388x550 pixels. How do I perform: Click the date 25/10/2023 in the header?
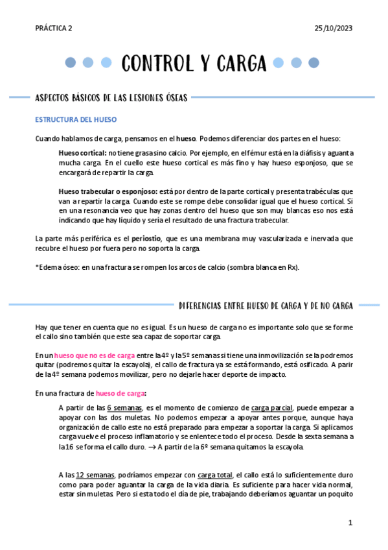[333, 29]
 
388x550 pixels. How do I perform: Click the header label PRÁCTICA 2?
[54, 29]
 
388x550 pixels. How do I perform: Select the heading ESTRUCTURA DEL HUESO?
[76, 120]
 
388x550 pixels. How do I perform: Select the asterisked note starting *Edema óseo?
[167, 267]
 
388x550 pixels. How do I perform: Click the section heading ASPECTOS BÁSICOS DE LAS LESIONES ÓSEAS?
[111, 98]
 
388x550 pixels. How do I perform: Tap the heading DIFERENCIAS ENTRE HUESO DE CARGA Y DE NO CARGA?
[266, 305]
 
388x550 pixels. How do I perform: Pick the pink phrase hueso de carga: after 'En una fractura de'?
[121, 393]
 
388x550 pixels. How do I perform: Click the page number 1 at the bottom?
[350, 522]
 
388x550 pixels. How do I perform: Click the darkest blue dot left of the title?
[71, 63]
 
